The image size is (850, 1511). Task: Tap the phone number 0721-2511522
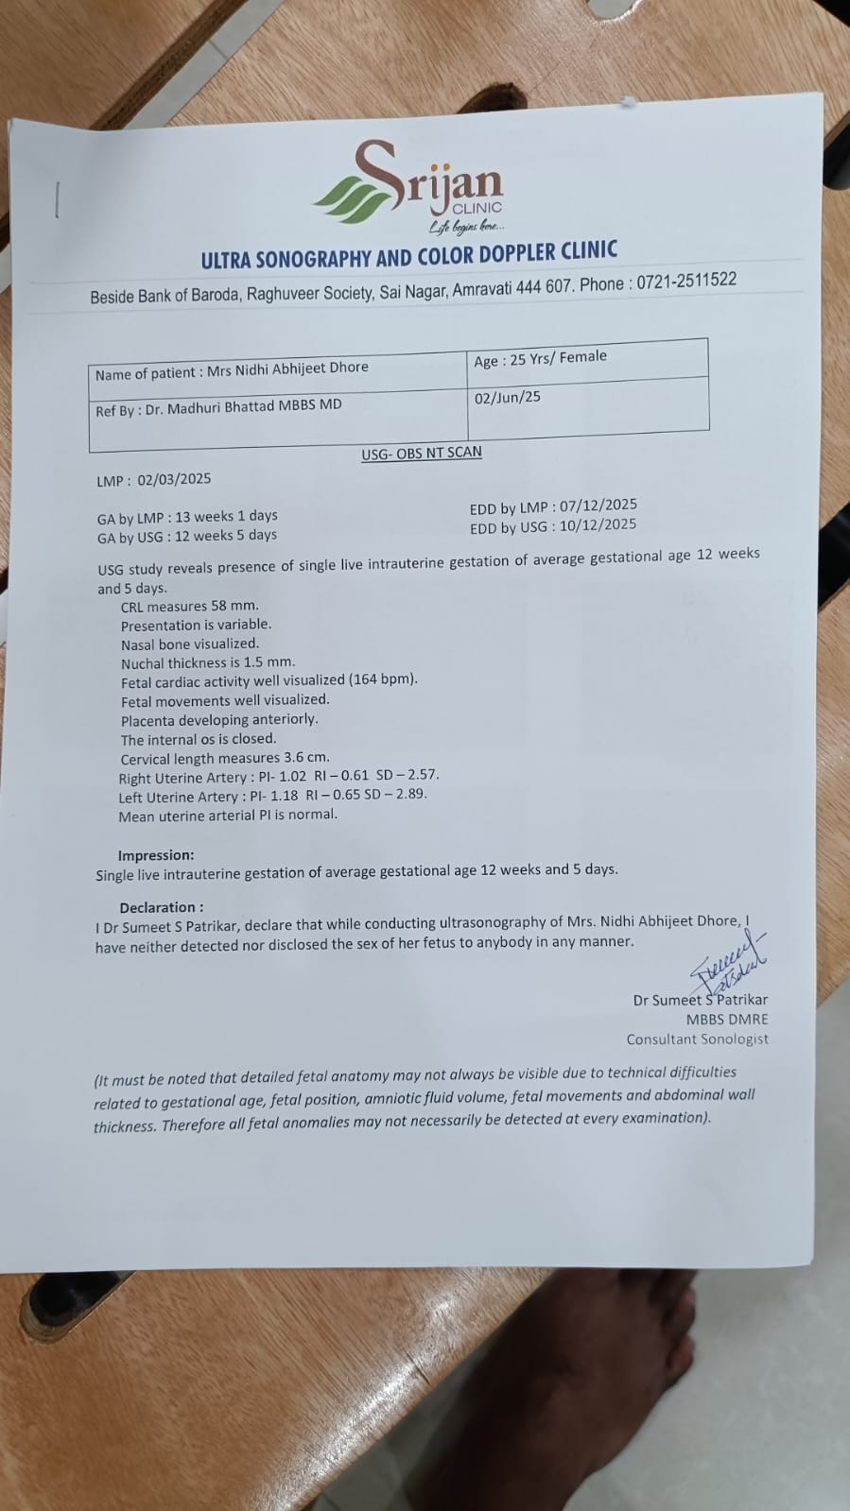(685, 281)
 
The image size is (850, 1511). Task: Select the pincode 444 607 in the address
(541, 286)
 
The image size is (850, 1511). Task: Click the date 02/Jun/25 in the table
(508, 397)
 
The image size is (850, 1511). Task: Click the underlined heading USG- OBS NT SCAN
(421, 453)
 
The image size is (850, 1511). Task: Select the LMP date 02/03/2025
(174, 479)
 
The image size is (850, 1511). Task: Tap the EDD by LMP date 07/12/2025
(598, 506)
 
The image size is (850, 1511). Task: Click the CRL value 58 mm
(234, 606)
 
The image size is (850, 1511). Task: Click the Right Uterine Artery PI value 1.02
(292, 777)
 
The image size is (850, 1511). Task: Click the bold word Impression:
(156, 855)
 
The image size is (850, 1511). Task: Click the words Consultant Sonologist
(697, 1039)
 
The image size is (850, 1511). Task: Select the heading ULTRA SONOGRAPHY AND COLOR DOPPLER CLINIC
(408, 255)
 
